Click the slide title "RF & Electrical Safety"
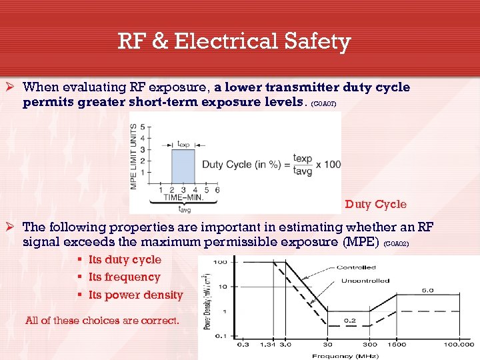coord(234,42)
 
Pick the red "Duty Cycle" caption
coord(375,204)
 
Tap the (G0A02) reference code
coord(401,244)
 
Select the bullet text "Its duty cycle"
coord(125,259)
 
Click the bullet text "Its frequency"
coord(124,277)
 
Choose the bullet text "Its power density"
coord(135,295)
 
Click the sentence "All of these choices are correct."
coord(102,320)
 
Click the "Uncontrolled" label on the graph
coord(366,281)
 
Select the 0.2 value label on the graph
coord(350,320)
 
